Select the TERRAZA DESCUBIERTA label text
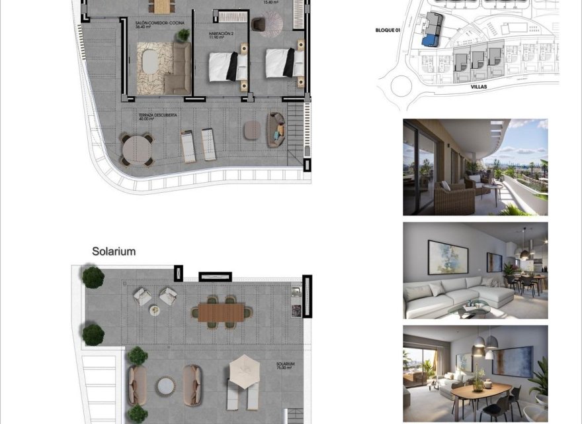point(157,116)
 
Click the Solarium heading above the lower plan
point(114,252)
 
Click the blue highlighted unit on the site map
point(431,40)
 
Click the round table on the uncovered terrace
point(136,150)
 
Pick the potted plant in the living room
point(183,34)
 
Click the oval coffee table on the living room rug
point(151,62)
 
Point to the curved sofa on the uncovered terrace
point(276,129)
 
